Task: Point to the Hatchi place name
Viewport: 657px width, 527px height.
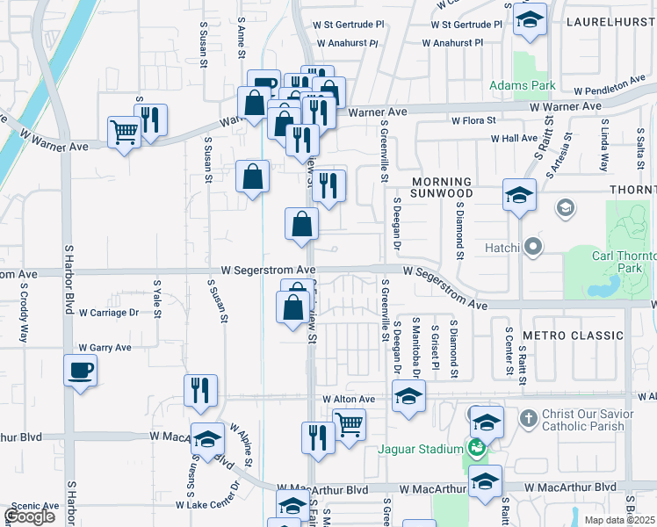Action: click(x=504, y=249)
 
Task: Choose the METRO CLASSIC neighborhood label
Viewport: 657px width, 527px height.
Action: click(x=572, y=336)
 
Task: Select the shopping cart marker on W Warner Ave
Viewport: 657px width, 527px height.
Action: click(x=124, y=133)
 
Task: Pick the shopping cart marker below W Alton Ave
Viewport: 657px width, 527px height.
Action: click(x=350, y=425)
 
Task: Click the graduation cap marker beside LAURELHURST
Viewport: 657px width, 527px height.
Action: click(x=529, y=20)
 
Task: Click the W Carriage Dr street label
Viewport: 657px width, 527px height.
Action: click(x=109, y=312)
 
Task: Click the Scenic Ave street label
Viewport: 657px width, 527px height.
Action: click(x=34, y=506)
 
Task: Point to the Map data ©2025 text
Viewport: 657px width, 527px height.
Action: click(x=620, y=520)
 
